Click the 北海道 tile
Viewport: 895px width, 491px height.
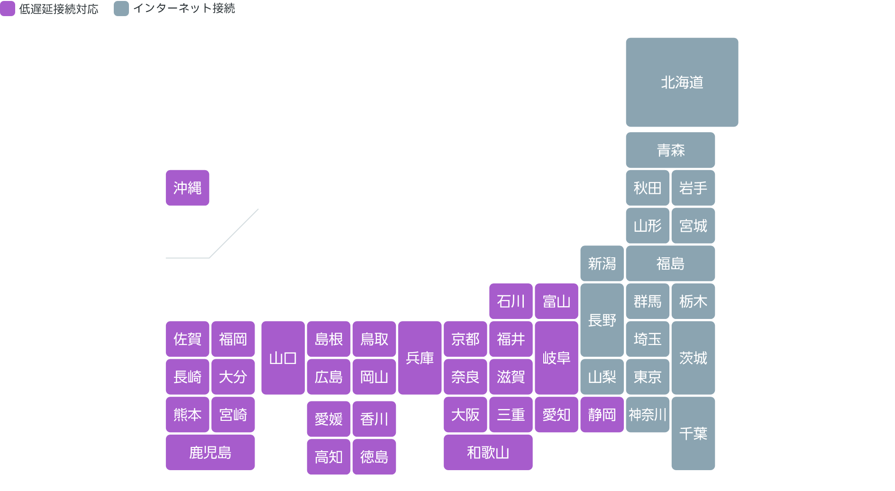pos(682,82)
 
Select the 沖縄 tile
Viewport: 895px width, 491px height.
pos(187,188)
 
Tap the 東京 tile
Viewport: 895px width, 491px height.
pos(648,377)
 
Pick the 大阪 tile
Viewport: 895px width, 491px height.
pos(465,415)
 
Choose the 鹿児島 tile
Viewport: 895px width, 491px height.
pos(210,453)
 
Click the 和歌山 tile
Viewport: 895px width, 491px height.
pos(488,453)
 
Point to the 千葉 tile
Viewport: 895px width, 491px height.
pos(693,433)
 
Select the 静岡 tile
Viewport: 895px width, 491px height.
pos(602,415)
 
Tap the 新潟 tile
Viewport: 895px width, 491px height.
pos(602,264)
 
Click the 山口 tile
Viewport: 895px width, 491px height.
pos(283,358)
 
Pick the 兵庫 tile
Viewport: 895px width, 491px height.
pos(420,358)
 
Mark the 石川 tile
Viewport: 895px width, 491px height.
pos(511,301)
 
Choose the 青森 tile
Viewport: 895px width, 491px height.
pos(670,150)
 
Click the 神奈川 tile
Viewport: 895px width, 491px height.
pos(648,415)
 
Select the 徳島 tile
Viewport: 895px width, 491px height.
pos(374,457)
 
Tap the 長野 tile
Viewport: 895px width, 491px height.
pos(602,320)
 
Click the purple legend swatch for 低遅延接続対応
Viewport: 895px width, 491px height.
pos(8,9)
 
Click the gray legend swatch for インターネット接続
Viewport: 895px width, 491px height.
pos(121,9)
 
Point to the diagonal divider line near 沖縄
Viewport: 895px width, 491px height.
pos(234,233)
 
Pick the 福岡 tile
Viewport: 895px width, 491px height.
pos(233,339)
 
